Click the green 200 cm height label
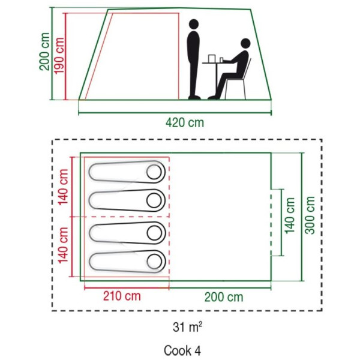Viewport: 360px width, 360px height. (x=44, y=52)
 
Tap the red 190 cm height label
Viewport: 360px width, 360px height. (x=59, y=56)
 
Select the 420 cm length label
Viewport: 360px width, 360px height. (x=185, y=122)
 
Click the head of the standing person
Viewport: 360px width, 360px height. (x=194, y=24)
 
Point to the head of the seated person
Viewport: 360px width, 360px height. (x=245, y=43)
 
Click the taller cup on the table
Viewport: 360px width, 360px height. (x=211, y=58)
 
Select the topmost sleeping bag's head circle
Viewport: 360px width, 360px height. (x=154, y=172)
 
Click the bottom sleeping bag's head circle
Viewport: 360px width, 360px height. (x=155, y=262)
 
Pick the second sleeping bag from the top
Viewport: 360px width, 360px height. (x=127, y=200)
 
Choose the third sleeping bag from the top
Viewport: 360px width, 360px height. (x=127, y=233)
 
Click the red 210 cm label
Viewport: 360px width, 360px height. (x=122, y=296)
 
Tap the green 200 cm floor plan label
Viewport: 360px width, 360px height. (x=224, y=297)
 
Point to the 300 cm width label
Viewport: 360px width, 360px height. (x=310, y=215)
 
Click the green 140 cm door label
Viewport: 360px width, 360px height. (x=290, y=215)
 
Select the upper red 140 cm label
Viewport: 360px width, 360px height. (x=63, y=187)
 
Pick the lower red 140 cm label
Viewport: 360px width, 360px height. (x=63, y=245)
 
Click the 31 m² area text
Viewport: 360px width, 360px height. (x=188, y=327)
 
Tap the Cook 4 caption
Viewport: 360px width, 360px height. (x=182, y=350)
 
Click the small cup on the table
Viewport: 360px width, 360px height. (x=221, y=60)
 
